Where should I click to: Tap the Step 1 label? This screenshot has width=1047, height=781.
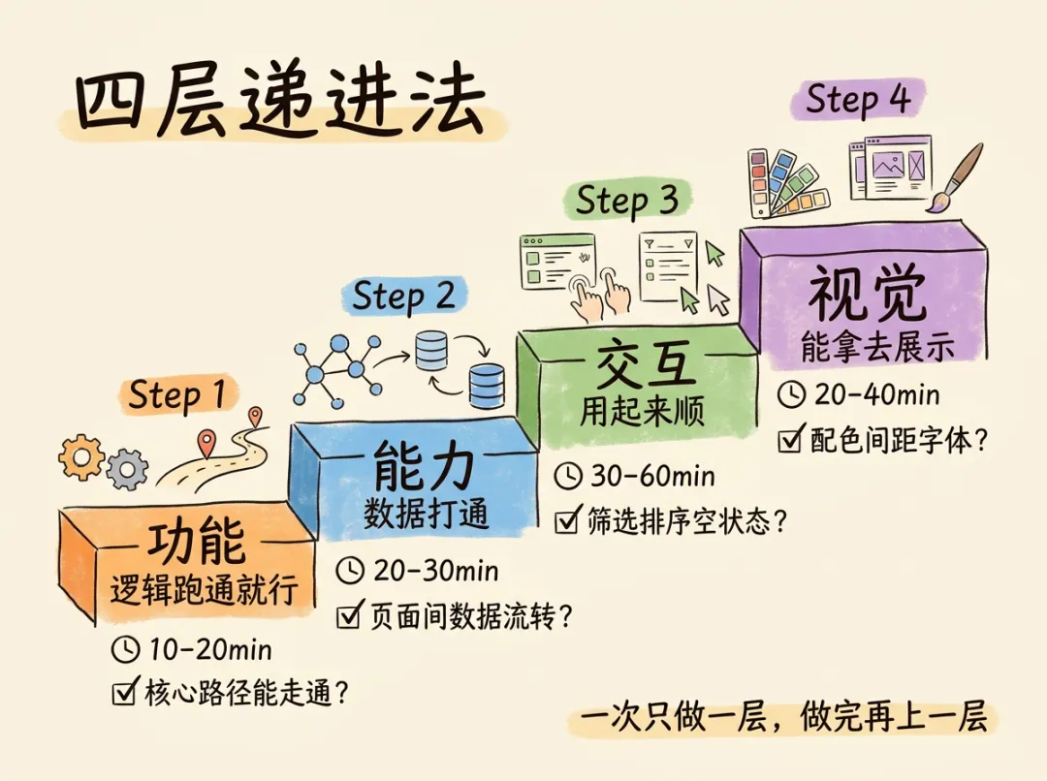[x=176, y=395]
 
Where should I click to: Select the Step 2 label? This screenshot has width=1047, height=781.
[x=403, y=297]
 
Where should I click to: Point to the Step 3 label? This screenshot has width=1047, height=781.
[x=626, y=201]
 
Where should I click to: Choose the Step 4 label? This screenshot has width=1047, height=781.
[x=857, y=100]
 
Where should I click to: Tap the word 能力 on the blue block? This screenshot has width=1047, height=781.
[x=425, y=469]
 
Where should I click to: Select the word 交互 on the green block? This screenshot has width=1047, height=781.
[x=646, y=365]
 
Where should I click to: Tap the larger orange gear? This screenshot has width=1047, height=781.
[x=80, y=456]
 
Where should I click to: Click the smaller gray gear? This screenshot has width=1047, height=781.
[x=127, y=471]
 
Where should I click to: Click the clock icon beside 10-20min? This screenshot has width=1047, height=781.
[x=126, y=648]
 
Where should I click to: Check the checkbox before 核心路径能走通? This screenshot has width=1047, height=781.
[x=125, y=692]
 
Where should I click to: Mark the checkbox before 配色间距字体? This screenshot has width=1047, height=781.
[x=791, y=442]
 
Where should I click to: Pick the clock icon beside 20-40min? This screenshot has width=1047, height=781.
[x=792, y=394]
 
